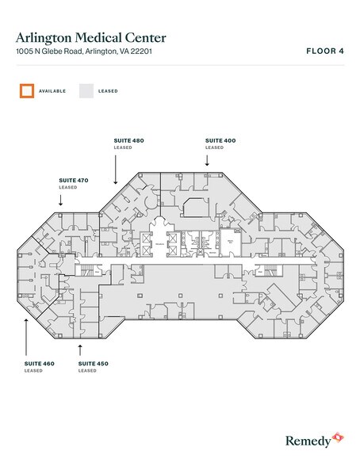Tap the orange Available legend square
pos(27,90)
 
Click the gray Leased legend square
pos(86,90)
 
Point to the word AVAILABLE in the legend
pos(52,91)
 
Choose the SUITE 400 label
pos(220,140)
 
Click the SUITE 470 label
pos(73,180)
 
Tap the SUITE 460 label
pos(39,363)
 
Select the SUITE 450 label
pos(93,363)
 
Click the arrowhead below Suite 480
pos(116,181)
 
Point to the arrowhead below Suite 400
pos(207,163)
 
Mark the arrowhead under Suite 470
pos(60,204)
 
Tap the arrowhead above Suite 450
pos(79,346)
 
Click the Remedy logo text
pos(305,438)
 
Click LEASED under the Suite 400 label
pos(214,147)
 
